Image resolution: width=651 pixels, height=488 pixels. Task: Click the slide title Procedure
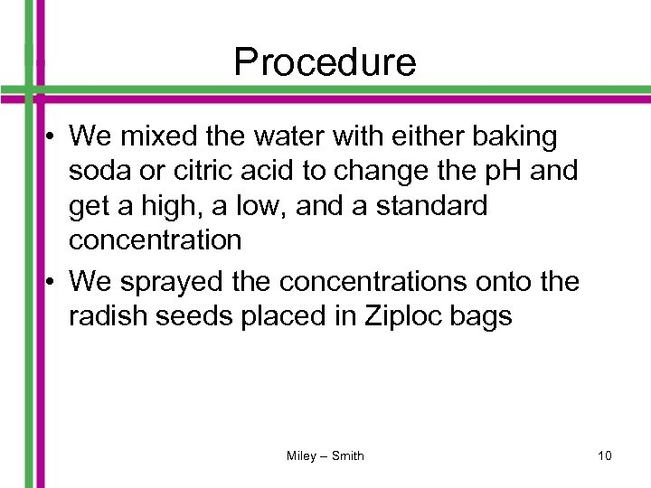[325, 62]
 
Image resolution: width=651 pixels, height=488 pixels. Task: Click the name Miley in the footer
[301, 456]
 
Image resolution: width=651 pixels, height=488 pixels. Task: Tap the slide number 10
[604, 456]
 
